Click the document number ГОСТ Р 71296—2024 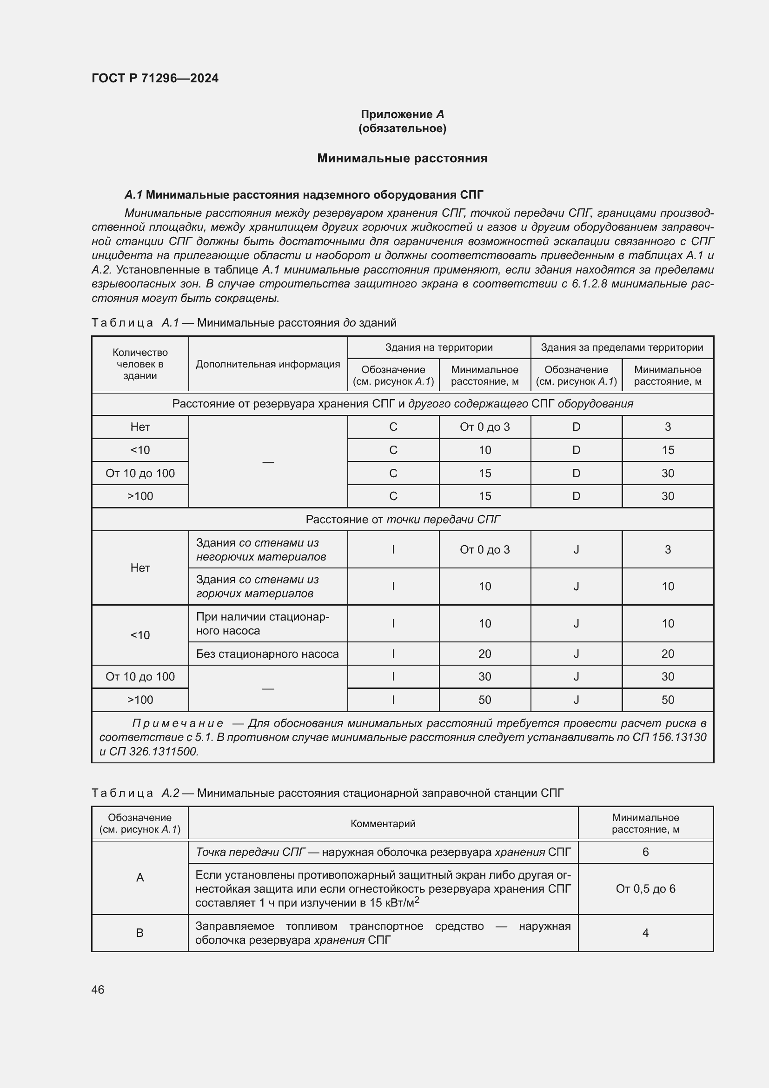coord(155,78)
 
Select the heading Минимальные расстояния coord(402,158)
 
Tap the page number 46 coord(98,989)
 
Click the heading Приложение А coord(402,114)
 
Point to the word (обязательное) coord(402,128)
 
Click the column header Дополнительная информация coord(268,364)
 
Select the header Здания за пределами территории coord(622,347)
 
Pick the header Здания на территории coord(439,347)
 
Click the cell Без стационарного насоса coord(267,654)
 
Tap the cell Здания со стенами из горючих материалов coord(258,587)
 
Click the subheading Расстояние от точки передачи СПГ coord(403,520)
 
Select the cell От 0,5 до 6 coord(645,889)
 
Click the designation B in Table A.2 coord(140,933)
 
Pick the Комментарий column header coord(383,824)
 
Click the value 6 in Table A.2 coord(645,853)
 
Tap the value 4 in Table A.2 coord(645,933)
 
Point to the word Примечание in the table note coord(178,724)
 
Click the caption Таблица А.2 coord(135,793)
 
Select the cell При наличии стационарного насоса coord(263,624)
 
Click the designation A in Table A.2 coord(140,878)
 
